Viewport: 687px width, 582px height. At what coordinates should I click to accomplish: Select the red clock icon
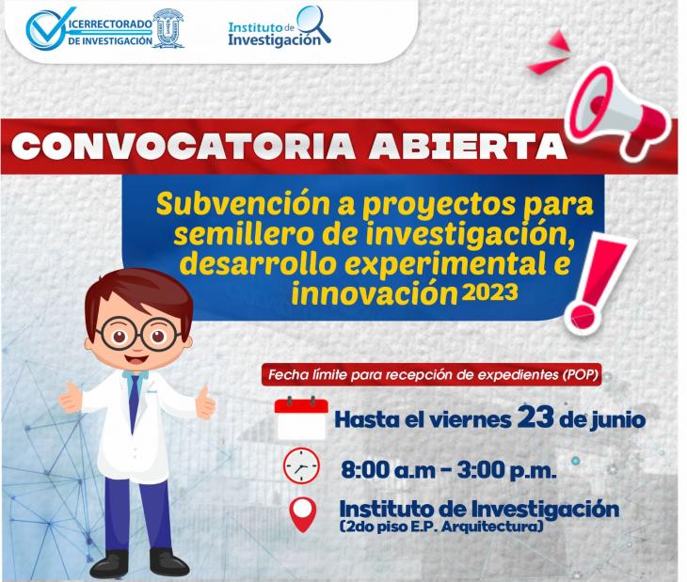point(301,466)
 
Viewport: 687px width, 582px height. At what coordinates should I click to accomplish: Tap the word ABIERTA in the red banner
point(467,146)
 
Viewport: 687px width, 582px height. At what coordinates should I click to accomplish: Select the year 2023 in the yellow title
point(489,291)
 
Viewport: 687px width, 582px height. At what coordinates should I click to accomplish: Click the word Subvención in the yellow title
point(243,204)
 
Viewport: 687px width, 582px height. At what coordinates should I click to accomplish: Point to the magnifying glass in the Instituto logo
point(313,24)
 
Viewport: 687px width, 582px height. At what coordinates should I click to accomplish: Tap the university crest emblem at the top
point(168,28)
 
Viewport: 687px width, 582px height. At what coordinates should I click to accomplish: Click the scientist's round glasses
point(138,334)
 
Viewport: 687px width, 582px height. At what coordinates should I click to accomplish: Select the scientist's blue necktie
point(134,402)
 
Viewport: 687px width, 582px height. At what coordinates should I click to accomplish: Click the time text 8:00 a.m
point(388,471)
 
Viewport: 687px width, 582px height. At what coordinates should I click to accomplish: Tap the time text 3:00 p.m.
point(507,471)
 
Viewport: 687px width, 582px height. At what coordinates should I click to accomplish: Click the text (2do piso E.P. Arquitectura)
point(441,527)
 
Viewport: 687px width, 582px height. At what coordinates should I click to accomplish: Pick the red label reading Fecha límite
point(432,375)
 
